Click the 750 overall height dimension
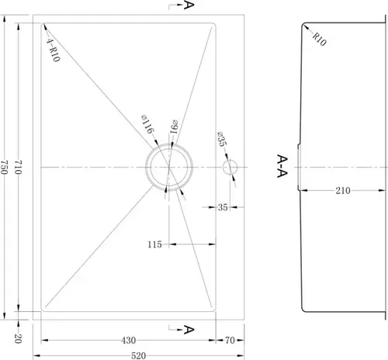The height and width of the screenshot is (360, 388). [4, 167]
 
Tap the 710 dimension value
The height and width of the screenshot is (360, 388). [18, 167]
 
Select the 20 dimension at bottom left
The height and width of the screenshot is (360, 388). [18, 338]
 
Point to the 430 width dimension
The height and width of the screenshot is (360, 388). [128, 341]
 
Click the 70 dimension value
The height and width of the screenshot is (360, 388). [230, 341]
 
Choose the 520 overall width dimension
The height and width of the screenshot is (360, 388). [138, 356]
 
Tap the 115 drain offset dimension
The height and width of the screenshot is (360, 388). [154, 244]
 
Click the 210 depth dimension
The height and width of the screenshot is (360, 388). [343, 191]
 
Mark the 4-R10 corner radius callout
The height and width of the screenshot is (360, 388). [53, 50]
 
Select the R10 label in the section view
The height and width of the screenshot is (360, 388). [320, 39]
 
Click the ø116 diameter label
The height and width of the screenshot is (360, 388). [147, 124]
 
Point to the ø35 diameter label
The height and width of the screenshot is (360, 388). [221, 139]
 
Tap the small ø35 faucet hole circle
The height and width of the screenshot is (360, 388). [230, 167]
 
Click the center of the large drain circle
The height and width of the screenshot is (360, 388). [169, 167]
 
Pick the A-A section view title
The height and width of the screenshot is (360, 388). [282, 166]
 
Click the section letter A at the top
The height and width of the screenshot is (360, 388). [189, 5]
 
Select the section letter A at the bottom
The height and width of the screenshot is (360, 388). [189, 330]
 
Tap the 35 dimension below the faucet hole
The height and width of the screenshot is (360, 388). [223, 207]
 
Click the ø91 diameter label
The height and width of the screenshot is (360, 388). [174, 126]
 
